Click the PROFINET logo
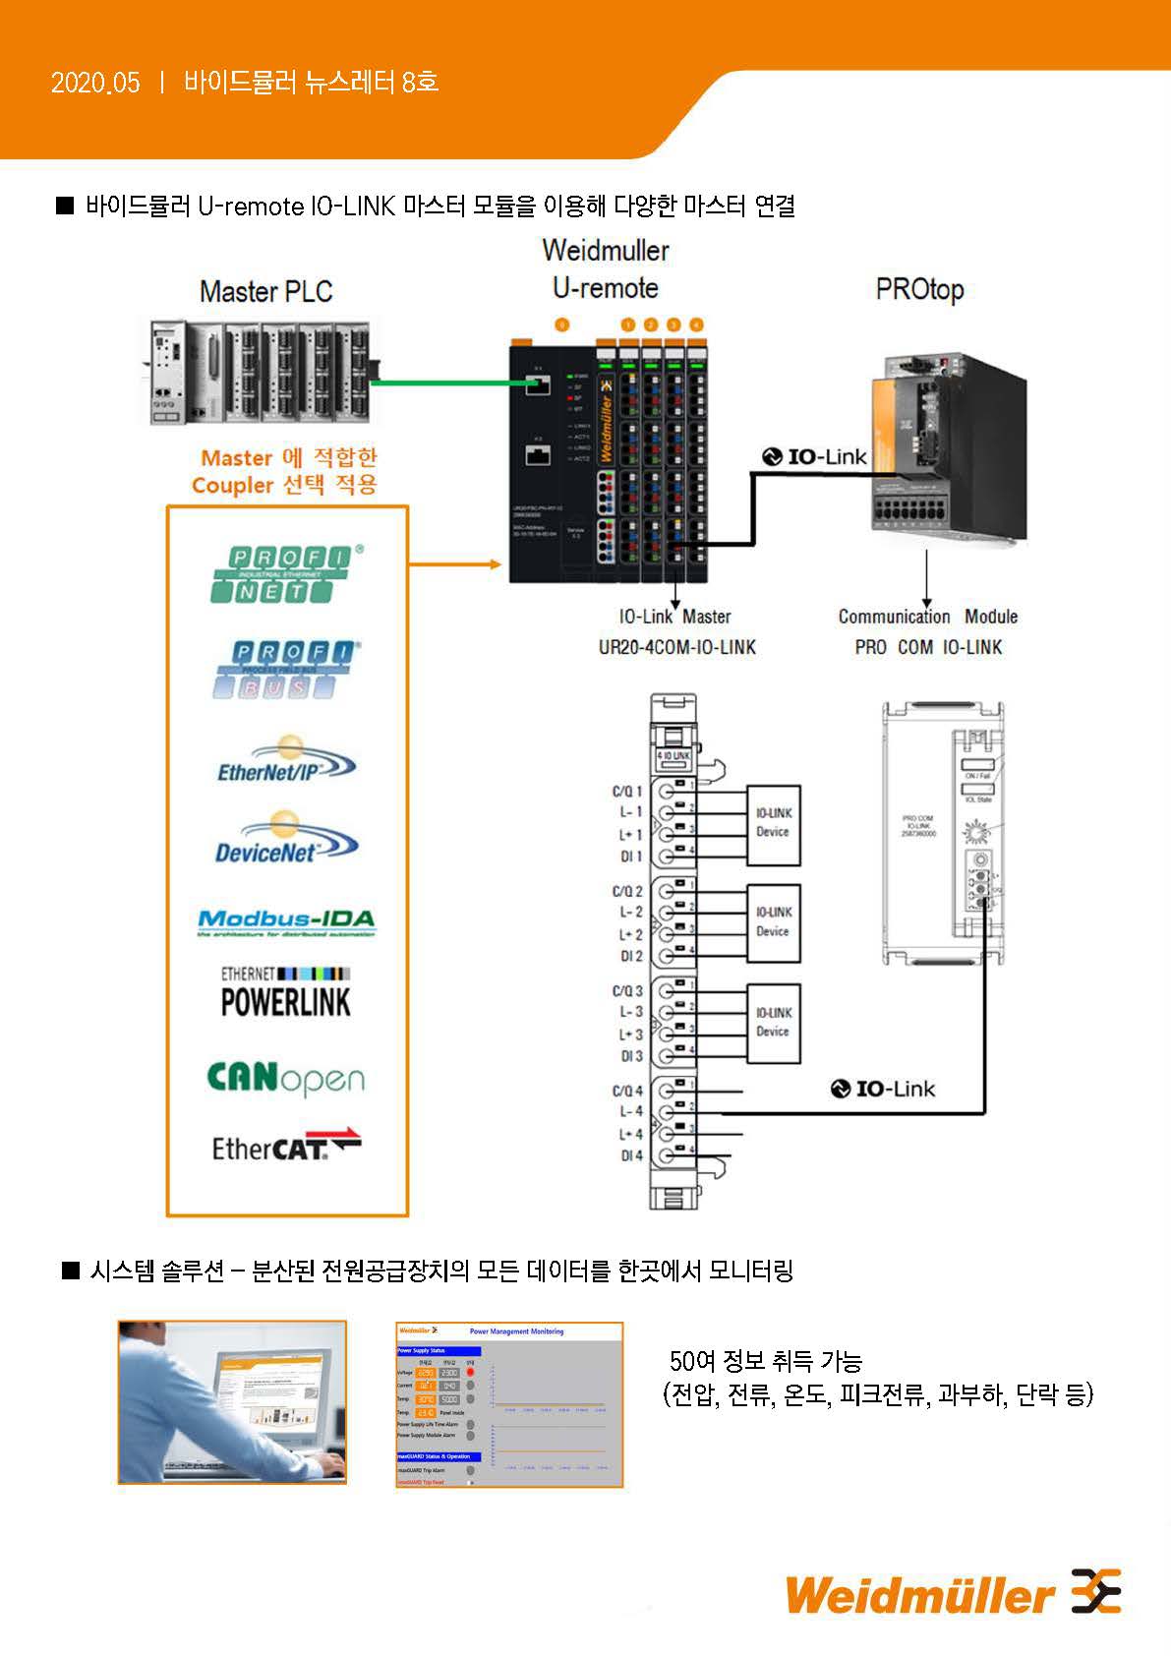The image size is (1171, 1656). [x=284, y=573]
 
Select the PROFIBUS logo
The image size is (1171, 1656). [x=284, y=670]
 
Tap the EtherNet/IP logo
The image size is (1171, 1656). [x=284, y=760]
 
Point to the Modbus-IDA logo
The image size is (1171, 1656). [x=286, y=921]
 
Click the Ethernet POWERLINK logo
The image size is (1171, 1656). [x=285, y=992]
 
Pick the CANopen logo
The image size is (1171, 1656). [x=285, y=1079]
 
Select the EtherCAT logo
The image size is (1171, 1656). [x=286, y=1146]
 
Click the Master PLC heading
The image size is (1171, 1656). [x=265, y=292]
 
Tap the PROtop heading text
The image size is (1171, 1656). [x=919, y=290]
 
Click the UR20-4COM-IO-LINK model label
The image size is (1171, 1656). [x=676, y=647]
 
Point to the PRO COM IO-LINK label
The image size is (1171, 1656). [x=928, y=647]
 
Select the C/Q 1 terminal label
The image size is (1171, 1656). [x=627, y=792]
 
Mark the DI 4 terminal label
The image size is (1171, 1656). [x=631, y=1155]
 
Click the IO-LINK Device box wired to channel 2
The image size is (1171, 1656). [x=773, y=922]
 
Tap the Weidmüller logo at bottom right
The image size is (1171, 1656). [x=952, y=1593]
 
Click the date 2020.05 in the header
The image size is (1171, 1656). [x=95, y=83]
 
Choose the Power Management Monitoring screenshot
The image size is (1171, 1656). [x=509, y=1403]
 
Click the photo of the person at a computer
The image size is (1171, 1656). [x=232, y=1401]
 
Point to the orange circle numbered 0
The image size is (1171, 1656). [x=561, y=325]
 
